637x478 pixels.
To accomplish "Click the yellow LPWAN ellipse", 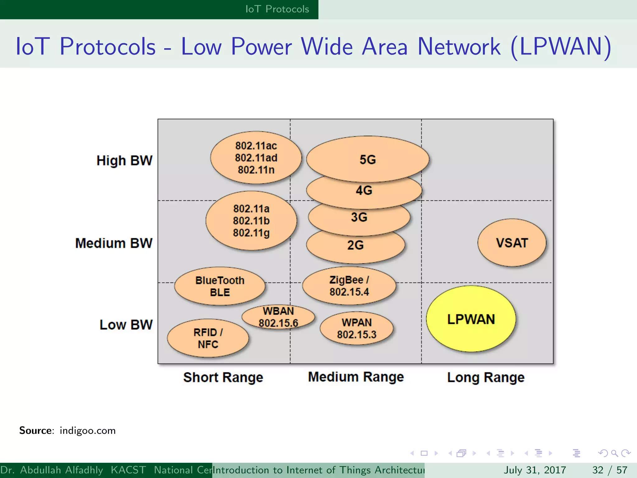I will click(x=471, y=319).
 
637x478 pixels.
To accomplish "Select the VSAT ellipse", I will click(x=512, y=243).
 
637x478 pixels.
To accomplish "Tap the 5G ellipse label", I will click(x=368, y=160).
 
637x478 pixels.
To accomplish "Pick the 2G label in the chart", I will click(x=356, y=245).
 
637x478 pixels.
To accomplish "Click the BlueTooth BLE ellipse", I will click(x=220, y=286).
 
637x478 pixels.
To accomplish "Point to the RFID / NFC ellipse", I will click(x=208, y=338).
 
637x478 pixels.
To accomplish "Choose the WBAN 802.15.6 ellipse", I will click(x=278, y=317).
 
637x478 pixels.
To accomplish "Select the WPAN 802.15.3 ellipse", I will click(x=356, y=328).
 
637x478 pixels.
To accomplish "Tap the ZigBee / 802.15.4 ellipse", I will click(x=349, y=286).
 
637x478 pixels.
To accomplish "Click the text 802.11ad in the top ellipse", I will click(x=256, y=158).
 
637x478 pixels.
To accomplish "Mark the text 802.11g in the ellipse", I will click(x=251, y=233).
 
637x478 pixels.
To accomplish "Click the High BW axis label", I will click(x=124, y=161).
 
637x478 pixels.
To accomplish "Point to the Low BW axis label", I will click(x=126, y=325).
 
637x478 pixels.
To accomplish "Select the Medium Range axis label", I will click(x=356, y=377).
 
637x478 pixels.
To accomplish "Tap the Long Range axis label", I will click(x=486, y=377).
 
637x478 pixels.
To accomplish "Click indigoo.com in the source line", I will click(x=87, y=430).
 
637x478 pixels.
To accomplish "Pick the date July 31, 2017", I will click(x=535, y=470).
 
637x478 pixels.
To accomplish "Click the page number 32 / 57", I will click(x=610, y=470).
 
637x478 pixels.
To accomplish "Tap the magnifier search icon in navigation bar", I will click(x=614, y=453).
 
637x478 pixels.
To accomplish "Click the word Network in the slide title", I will click(x=459, y=47).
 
